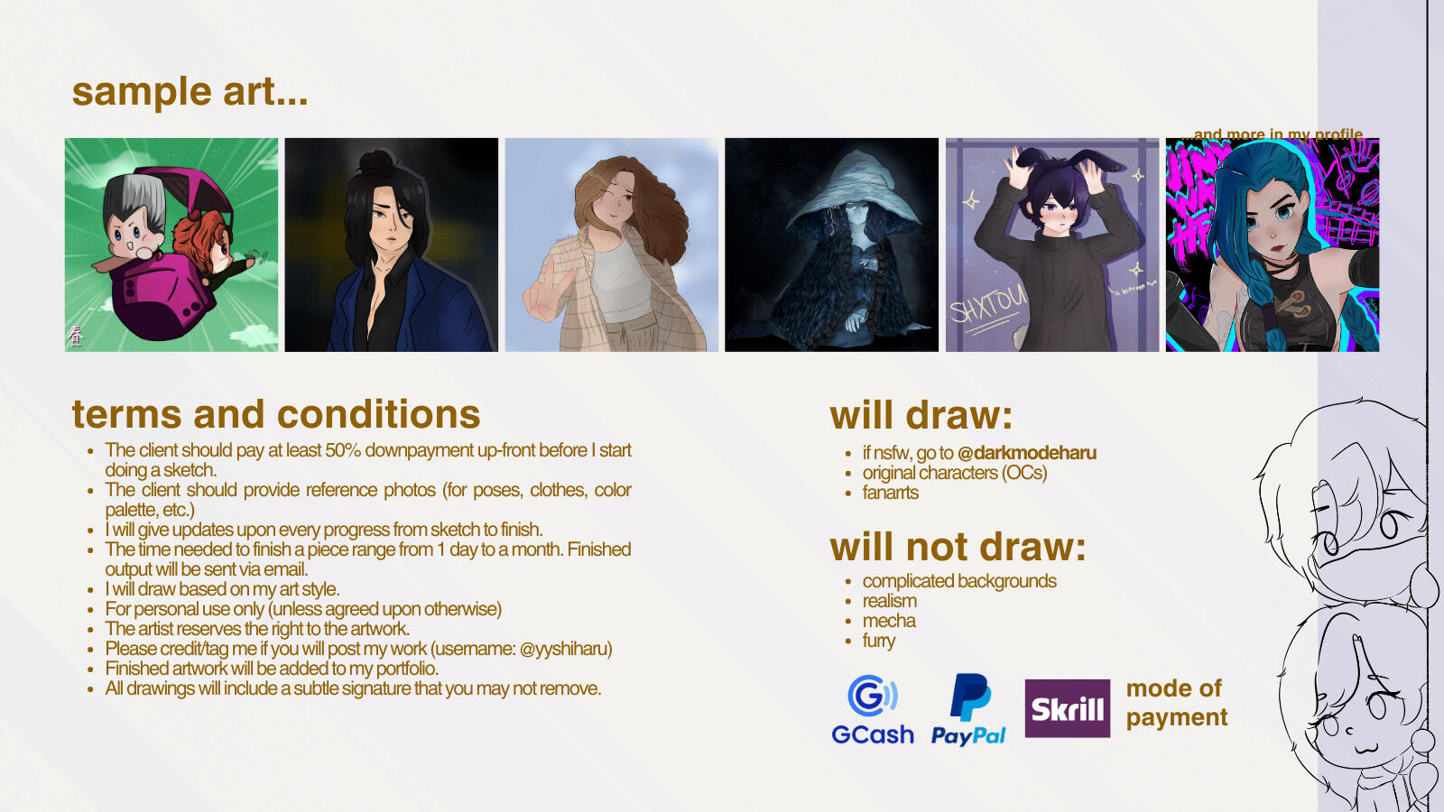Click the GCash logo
(x=872, y=709)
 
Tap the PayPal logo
(x=968, y=709)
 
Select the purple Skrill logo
(x=1068, y=708)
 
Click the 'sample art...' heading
(x=190, y=91)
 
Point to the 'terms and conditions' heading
(x=276, y=414)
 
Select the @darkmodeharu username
(x=1027, y=453)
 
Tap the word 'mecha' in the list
(x=889, y=621)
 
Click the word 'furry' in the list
(x=879, y=641)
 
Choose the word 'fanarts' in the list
(x=890, y=493)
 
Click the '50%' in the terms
(x=343, y=450)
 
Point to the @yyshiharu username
(x=565, y=649)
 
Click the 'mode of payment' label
(x=1177, y=703)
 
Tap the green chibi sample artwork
(x=171, y=245)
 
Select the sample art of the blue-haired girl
(x=1272, y=245)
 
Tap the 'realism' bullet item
(x=890, y=601)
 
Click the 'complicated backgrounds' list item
(x=959, y=581)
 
